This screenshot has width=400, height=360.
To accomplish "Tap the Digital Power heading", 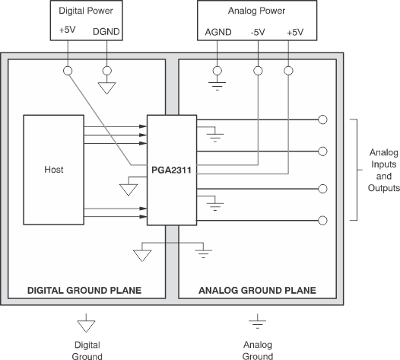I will click(x=86, y=11).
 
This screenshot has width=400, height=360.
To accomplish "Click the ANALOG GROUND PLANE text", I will click(x=258, y=290).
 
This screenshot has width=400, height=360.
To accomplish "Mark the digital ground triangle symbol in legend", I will click(x=85, y=326).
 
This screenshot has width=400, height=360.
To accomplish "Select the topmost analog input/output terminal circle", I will click(x=322, y=119).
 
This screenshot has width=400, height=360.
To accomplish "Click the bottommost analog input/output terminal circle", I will click(x=322, y=221).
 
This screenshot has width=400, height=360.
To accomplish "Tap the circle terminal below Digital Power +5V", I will click(x=68, y=71).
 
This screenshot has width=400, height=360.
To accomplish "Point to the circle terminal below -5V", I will click(x=258, y=71).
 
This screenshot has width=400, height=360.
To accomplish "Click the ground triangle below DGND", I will click(x=107, y=87).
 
